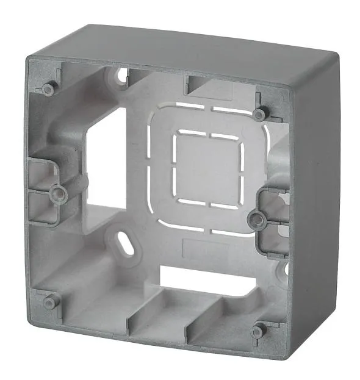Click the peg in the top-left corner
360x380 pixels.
[x=48, y=89]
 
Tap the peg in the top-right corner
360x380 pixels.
[x=261, y=114]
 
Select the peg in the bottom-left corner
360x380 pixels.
[x=49, y=302]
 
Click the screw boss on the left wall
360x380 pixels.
[x=59, y=194]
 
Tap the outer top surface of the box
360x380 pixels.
[x=201, y=49]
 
